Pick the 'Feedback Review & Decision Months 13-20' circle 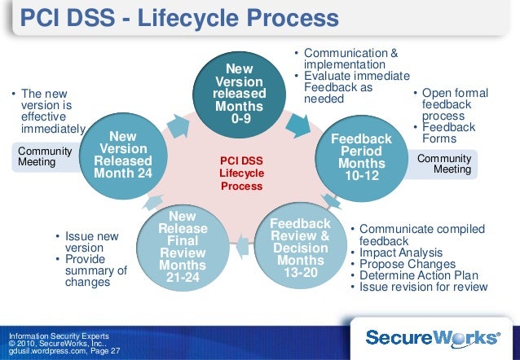pyautogui.click(x=300, y=248)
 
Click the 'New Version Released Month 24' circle pyautogui.click(x=123, y=156)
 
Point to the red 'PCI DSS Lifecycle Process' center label pyautogui.click(x=241, y=173)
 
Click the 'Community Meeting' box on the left pyautogui.click(x=45, y=157)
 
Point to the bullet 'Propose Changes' pyautogui.click(x=402, y=264)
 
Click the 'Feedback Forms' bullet pyautogui.click(x=448, y=134)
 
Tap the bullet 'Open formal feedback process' pyautogui.click(x=452, y=105)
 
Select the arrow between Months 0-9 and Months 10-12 pyautogui.click(x=294, y=123)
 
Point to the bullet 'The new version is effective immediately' pyautogui.click(x=47, y=112)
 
